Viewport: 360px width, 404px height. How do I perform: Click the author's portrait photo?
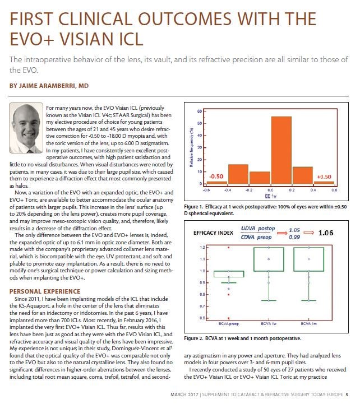pos(26,128)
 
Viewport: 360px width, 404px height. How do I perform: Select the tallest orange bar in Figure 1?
pos(281,150)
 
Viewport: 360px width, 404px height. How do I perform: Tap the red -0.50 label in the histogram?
pos(216,177)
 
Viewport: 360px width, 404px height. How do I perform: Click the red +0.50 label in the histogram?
pos(324,177)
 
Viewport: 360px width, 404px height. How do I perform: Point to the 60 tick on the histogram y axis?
pos(199,112)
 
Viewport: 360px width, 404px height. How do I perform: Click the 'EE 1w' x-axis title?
pos(270,196)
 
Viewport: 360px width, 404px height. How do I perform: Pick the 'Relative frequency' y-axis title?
pos(191,147)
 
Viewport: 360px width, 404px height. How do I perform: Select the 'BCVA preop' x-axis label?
pos(228,324)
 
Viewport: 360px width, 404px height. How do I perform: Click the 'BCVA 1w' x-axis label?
pos(269,324)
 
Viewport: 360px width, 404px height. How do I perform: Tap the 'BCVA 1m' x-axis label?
pos(308,324)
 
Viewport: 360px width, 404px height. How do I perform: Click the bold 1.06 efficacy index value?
pos(325,233)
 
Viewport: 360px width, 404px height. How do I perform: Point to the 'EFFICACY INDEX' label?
pos(213,233)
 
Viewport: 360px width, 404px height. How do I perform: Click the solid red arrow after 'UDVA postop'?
pos(282,233)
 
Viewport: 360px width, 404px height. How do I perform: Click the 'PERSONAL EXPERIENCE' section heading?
pos(45,291)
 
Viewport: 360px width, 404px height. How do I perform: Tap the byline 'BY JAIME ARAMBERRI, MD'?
pos(49,86)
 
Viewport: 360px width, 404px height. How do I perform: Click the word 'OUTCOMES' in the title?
pos(184,19)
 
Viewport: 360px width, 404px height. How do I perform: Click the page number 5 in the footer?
pos(347,394)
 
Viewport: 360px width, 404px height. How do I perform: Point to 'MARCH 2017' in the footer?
pos(184,394)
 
